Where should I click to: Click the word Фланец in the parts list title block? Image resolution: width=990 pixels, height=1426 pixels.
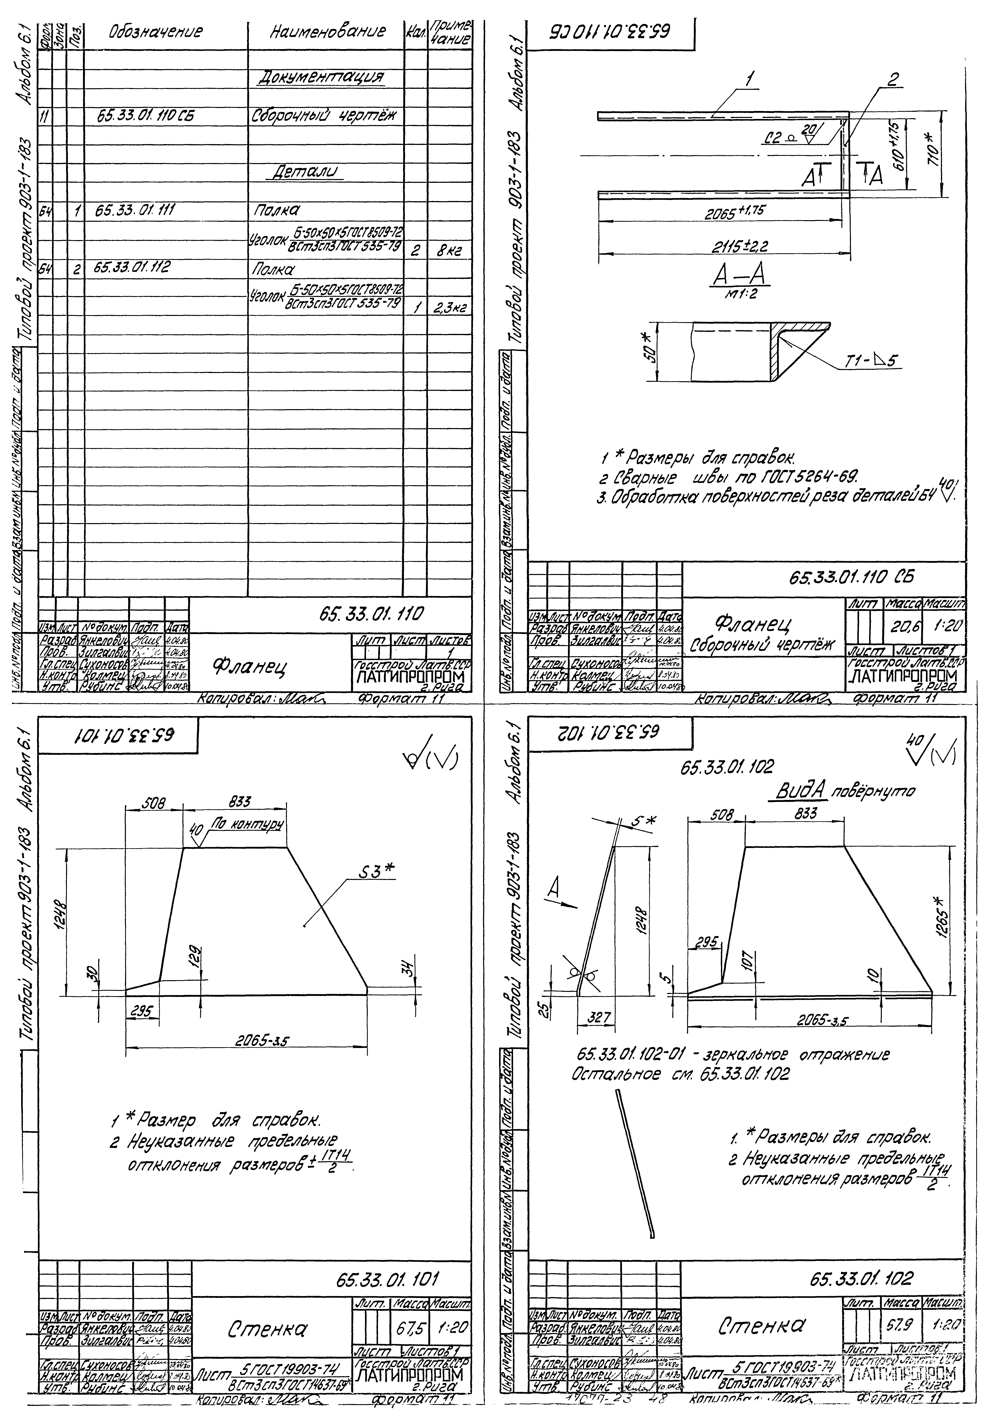coord(251,667)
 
